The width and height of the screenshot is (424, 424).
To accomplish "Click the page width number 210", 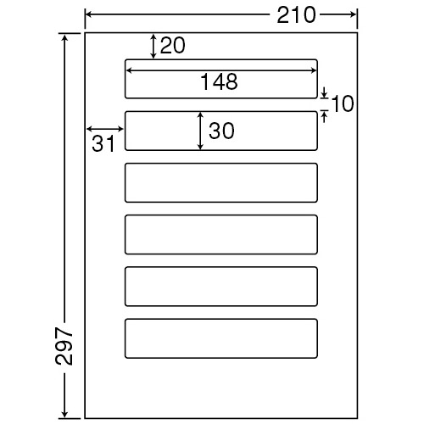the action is coord(296,15).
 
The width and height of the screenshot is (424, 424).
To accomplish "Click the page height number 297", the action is coord(64,346).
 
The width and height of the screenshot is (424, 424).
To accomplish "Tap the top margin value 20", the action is coord(173,45).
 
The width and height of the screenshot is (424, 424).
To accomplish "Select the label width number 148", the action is coord(219,82).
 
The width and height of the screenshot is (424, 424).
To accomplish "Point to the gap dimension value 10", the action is coord(343,103).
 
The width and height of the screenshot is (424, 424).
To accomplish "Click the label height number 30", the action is coord(221,131).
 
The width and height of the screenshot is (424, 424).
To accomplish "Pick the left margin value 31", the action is coord(103,144).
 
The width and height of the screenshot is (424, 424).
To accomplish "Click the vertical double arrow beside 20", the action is coord(153,47).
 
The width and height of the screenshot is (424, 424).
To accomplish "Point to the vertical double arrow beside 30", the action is coord(200,131).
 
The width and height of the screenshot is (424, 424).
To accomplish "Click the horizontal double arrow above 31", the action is coord(105,129).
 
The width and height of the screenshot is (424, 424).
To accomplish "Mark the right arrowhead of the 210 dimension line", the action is coord(354,14).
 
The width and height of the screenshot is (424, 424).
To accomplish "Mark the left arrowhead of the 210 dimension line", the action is coord(89,14).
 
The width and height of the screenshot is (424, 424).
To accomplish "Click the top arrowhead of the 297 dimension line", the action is coord(65,37).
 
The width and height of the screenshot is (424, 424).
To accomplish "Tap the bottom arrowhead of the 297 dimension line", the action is coord(65,414).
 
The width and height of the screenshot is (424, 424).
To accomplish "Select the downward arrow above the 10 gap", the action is coord(325,92).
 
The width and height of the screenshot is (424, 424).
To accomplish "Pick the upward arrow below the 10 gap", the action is coord(325,117).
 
